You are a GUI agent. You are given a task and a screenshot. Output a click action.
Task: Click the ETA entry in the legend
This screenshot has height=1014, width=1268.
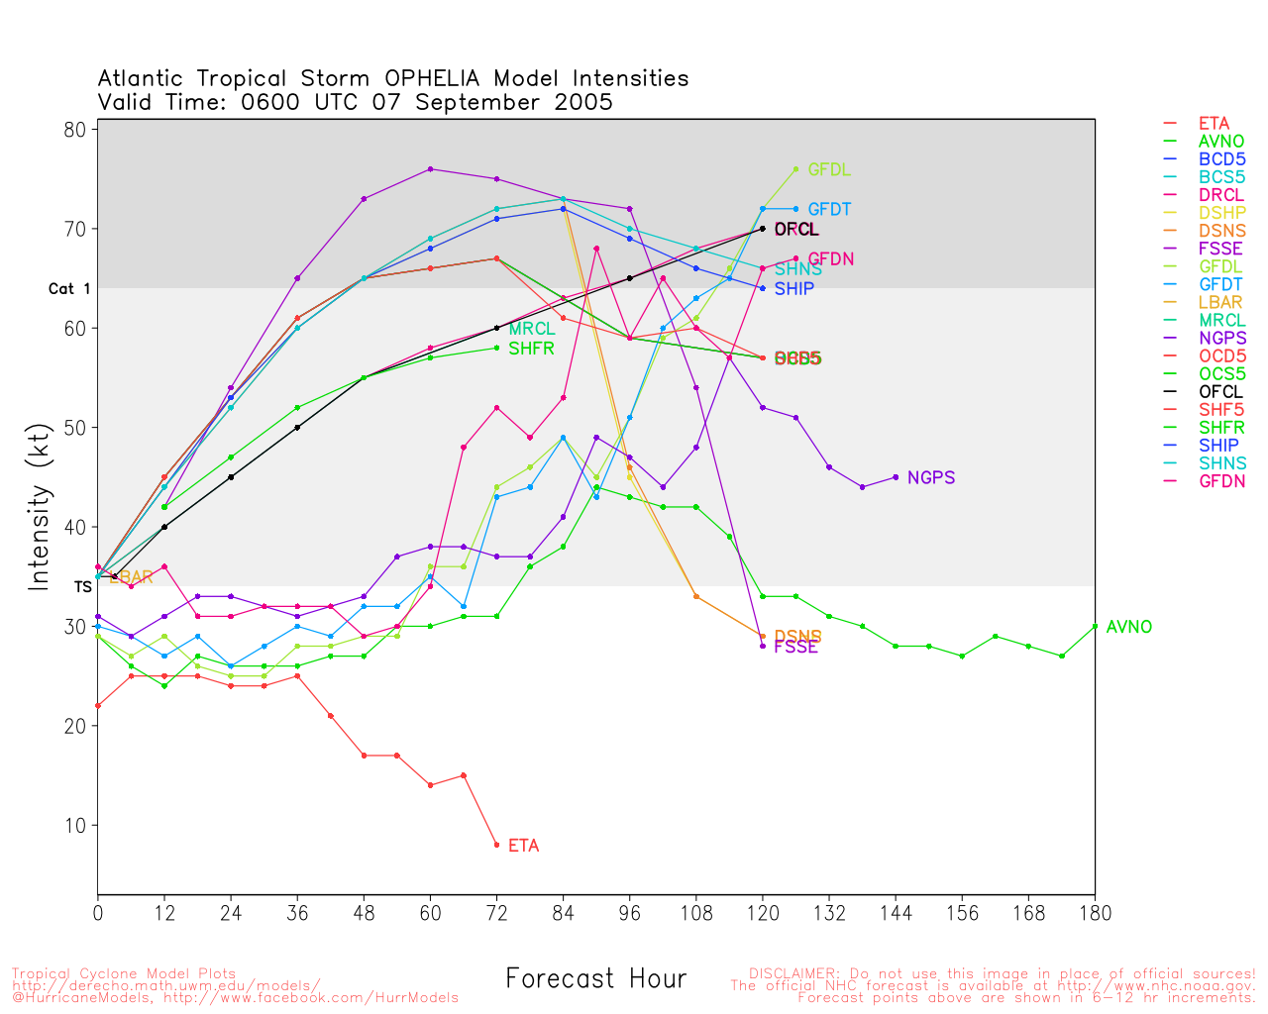pyautogui.click(x=1214, y=124)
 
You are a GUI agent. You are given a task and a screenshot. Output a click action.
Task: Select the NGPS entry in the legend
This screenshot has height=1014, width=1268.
pyautogui.click(x=1222, y=338)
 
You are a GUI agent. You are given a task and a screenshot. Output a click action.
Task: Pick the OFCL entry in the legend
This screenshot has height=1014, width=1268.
pyautogui.click(x=1220, y=391)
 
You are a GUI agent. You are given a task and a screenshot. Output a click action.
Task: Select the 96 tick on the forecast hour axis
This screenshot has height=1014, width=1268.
pyautogui.click(x=630, y=913)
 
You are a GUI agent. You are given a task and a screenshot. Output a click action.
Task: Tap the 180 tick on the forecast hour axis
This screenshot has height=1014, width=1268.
pyautogui.click(x=1095, y=913)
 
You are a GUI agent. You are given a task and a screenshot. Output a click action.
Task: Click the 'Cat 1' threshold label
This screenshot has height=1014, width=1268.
pyautogui.click(x=69, y=289)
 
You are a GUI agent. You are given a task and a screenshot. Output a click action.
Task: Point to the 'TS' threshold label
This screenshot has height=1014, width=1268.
pyautogui.click(x=83, y=587)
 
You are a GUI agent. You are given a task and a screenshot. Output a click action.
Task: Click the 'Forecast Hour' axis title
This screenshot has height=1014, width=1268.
pyautogui.click(x=595, y=979)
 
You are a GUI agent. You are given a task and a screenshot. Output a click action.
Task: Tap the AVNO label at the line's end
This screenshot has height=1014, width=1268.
pyautogui.click(x=1128, y=627)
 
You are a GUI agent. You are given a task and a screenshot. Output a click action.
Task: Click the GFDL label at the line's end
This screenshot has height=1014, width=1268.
pyautogui.click(x=829, y=169)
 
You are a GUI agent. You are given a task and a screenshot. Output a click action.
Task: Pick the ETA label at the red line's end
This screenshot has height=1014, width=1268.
pyautogui.click(x=523, y=846)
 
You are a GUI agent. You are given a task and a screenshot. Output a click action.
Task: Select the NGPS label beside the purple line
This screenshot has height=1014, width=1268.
pyautogui.click(x=930, y=477)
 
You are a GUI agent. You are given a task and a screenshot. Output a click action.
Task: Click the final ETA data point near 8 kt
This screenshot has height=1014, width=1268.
pyautogui.click(x=496, y=845)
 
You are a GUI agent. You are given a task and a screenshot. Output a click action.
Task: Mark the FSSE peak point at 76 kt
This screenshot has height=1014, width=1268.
pyautogui.click(x=430, y=169)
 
